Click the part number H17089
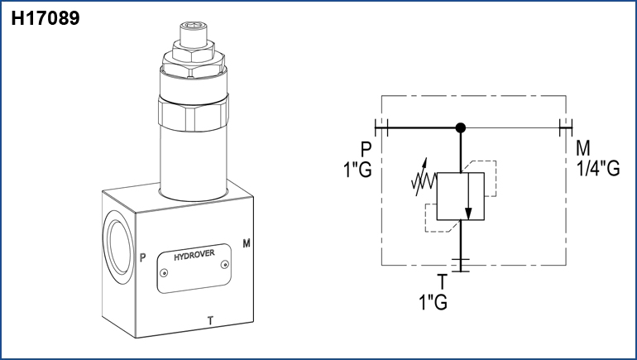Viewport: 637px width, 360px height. pos(45,17)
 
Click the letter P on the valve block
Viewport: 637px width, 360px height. pos(143,257)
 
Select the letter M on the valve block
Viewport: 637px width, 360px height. pos(246,243)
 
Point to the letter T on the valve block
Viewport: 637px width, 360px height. pos(210,319)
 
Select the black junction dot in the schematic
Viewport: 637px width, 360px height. pos(461,128)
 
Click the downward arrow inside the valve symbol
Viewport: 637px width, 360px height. pos(469,199)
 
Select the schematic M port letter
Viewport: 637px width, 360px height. pos(583,149)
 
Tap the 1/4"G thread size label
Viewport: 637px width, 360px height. pos(597,168)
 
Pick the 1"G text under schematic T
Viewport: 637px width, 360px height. pos(433,302)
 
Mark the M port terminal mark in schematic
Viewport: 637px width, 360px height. pos(566,127)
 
